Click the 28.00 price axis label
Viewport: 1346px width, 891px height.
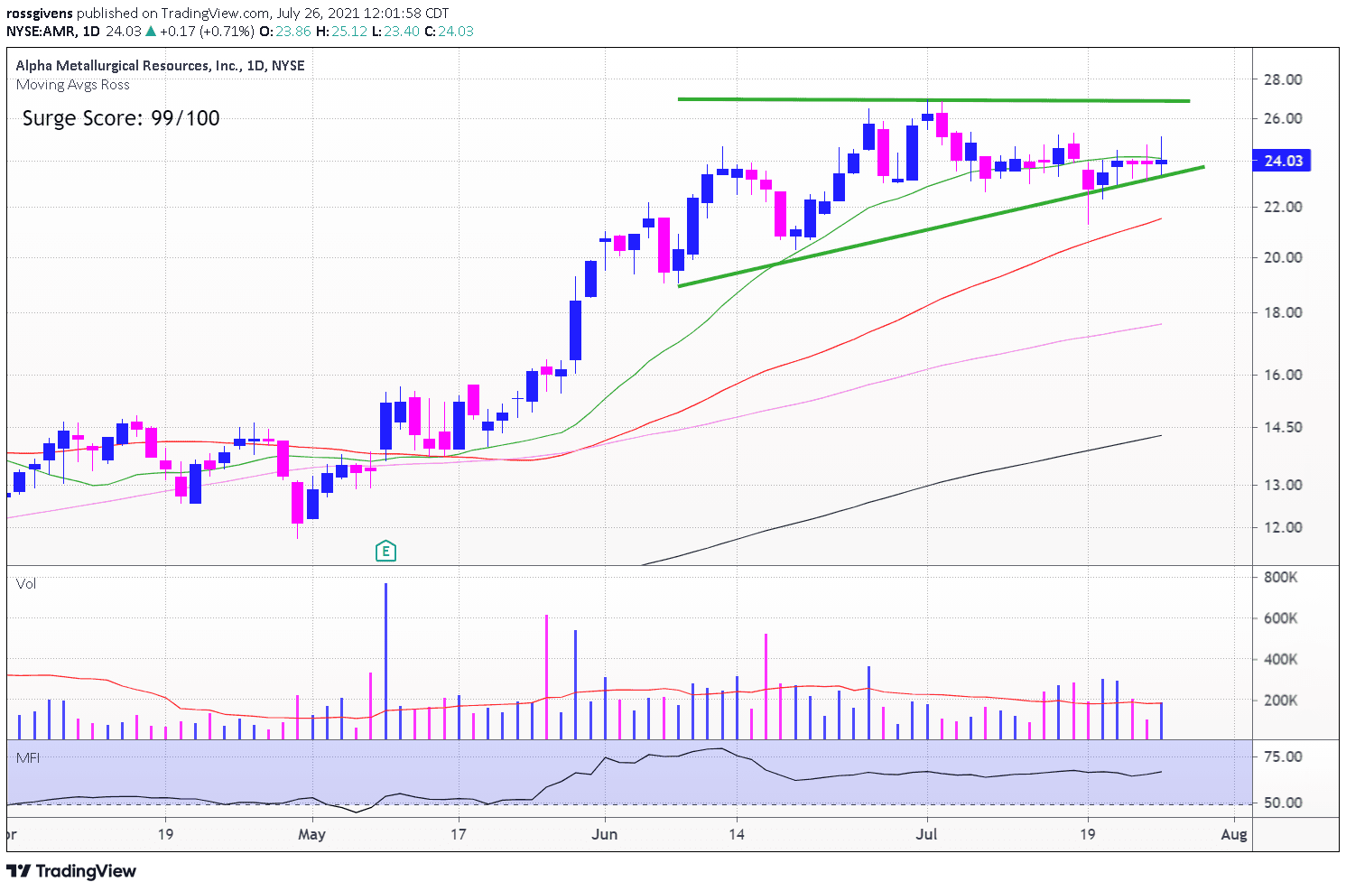(1282, 79)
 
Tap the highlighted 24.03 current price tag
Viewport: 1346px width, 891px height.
(1282, 161)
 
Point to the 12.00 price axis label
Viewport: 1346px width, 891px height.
(1282, 527)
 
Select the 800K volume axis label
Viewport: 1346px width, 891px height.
(1281, 577)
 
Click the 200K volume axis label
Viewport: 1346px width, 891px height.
(1281, 701)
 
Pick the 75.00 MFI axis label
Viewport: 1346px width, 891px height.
(1282, 756)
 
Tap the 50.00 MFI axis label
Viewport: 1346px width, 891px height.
(1282, 803)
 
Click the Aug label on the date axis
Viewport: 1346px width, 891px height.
(1234, 834)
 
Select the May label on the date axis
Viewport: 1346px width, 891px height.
(311, 834)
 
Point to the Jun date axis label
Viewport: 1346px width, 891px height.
(605, 834)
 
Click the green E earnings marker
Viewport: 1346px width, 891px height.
(385, 551)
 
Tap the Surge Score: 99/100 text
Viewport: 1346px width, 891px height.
(121, 118)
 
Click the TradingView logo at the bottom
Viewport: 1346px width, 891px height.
(72, 871)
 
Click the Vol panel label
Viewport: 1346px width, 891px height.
(26, 584)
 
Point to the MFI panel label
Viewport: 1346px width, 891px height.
(28, 757)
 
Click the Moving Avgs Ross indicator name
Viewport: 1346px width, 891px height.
(73, 85)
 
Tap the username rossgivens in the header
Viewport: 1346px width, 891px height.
(39, 13)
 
